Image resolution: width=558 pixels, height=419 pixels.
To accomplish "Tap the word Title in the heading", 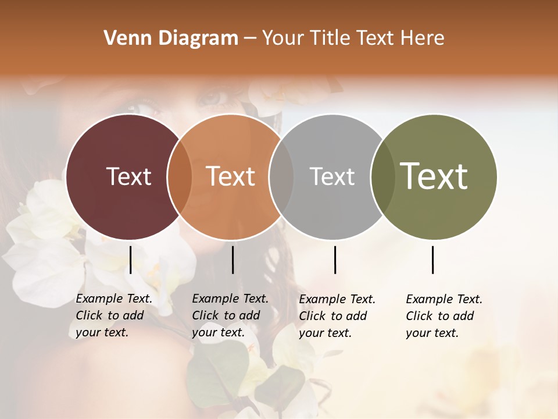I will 328,38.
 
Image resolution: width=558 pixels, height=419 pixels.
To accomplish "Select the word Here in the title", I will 422,38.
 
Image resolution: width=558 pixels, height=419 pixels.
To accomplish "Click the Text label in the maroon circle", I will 128,176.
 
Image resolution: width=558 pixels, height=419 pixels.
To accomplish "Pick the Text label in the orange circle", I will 230,176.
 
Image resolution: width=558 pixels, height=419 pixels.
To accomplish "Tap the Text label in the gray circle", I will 332,176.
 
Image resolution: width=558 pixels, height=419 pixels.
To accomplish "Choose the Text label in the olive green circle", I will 434,176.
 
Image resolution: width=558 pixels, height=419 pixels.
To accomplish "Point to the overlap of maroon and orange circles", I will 180,177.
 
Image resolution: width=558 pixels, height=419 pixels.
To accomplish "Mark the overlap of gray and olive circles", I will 381,177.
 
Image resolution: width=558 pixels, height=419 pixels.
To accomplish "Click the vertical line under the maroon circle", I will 130,260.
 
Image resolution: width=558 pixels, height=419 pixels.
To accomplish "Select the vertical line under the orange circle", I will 233,260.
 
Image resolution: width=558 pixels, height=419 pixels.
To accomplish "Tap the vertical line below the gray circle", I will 335,260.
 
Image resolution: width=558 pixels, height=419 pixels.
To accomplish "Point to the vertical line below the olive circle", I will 433,260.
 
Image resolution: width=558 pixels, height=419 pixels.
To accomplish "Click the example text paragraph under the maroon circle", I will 113,316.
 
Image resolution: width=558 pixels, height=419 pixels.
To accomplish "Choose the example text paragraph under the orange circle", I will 230,316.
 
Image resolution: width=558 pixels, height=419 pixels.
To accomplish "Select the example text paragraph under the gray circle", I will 337,316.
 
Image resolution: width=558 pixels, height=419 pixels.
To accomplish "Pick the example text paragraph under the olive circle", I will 443,316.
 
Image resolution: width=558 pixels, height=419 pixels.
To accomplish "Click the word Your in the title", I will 282,38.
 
